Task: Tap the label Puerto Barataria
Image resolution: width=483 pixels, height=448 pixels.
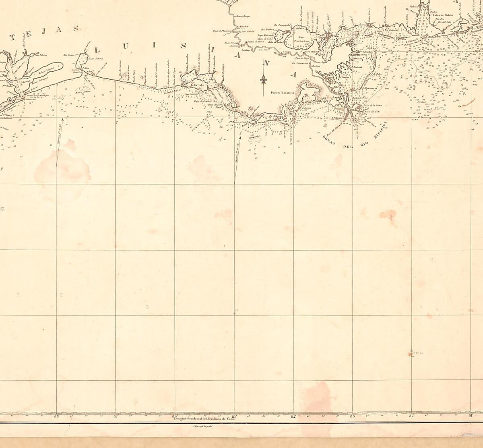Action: tap(283, 92)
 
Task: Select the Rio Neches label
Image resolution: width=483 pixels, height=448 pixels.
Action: tap(70, 54)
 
